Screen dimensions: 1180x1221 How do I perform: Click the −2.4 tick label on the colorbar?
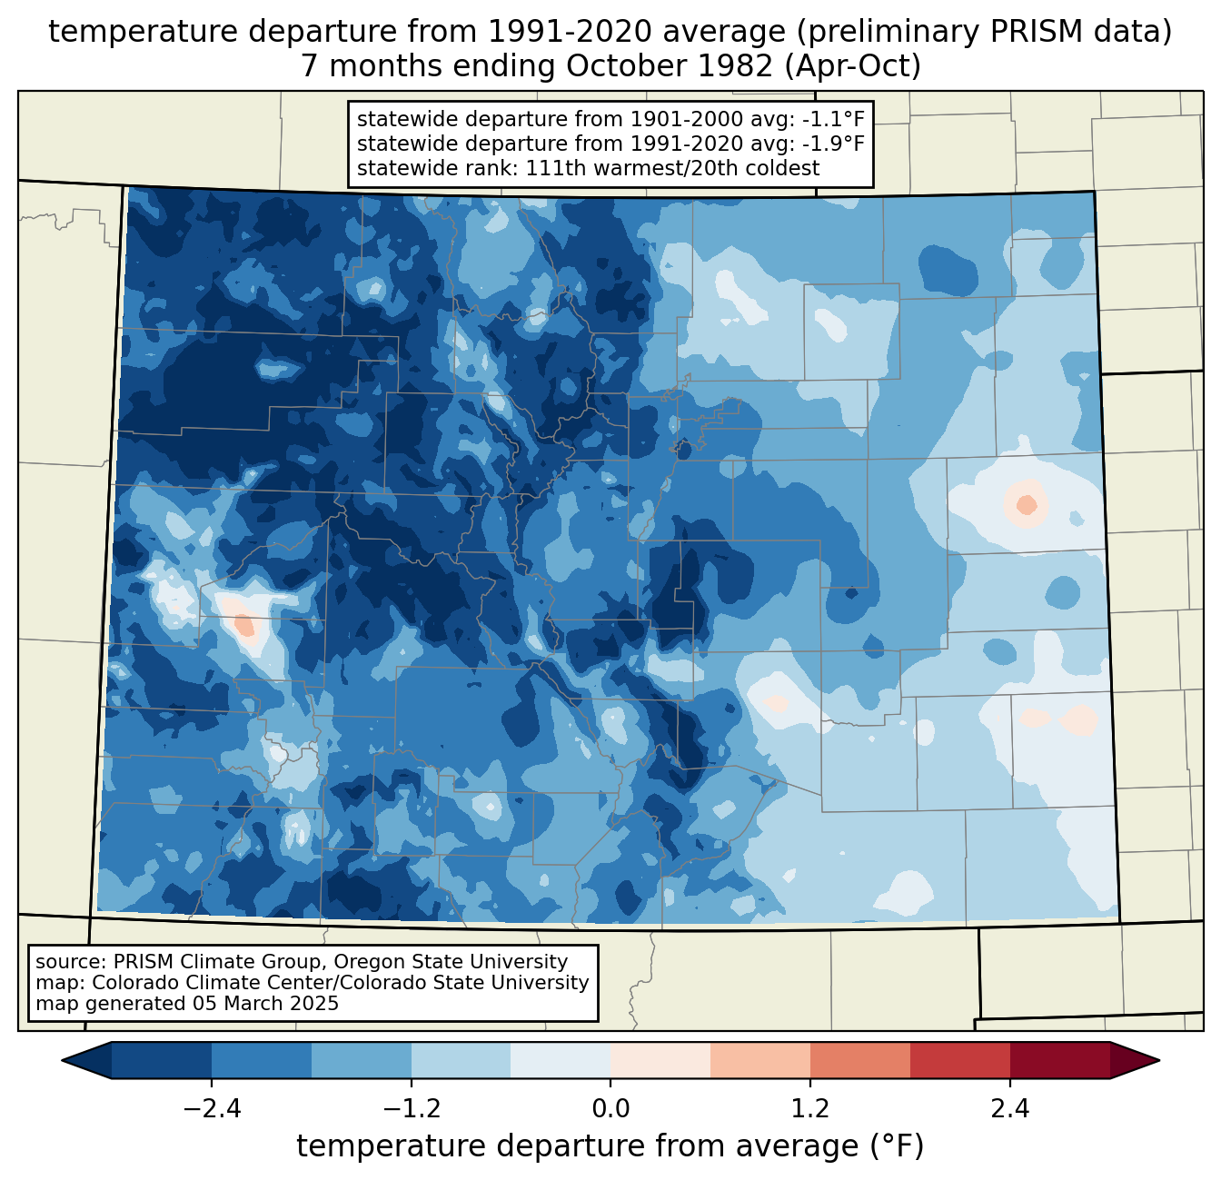point(211,1109)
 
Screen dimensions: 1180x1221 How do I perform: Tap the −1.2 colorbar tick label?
point(411,1109)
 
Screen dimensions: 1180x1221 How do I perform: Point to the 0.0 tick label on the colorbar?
point(610,1109)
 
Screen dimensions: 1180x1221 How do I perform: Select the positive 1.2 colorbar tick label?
point(810,1109)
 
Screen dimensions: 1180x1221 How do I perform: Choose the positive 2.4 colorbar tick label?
point(1010,1109)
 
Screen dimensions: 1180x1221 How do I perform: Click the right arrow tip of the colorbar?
point(1156,1060)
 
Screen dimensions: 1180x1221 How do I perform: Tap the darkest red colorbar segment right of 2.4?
point(1059,1060)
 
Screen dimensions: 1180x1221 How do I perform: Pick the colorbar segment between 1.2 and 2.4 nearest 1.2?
point(859,1060)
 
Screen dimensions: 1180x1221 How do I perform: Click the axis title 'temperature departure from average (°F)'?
point(610,1146)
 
